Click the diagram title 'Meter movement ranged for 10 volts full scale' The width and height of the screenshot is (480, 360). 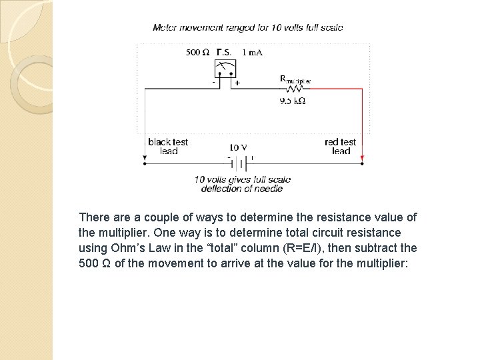coord(248,27)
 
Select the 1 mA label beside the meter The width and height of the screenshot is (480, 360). coord(252,52)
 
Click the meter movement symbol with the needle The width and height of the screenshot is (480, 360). coord(224,67)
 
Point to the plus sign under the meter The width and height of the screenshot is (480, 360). coord(237,84)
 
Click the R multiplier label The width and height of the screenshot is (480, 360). coord(295,79)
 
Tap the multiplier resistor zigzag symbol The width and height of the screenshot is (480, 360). coord(294,88)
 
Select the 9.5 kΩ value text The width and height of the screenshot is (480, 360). coord(293,101)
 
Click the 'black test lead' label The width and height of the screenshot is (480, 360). coord(168,146)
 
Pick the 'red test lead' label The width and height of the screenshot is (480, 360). coord(341,146)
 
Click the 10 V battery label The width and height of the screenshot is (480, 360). coord(238,147)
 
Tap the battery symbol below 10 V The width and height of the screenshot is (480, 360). coord(241,163)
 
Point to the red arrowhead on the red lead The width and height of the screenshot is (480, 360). coord(362,159)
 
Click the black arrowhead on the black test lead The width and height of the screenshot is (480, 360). coord(145,159)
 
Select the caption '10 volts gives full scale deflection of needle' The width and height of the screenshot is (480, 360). coord(242,184)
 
